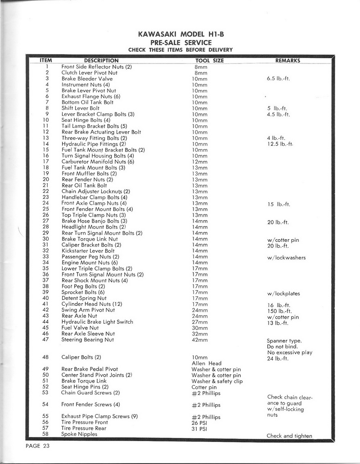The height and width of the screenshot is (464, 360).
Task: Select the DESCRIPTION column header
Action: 101,61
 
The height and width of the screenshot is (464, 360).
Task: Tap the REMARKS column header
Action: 288,61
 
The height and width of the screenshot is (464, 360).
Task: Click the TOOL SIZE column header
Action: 209,61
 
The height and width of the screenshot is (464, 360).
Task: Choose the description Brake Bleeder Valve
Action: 87,79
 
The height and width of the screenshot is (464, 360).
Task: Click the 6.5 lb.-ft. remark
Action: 279,79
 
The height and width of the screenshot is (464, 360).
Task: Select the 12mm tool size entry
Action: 199,161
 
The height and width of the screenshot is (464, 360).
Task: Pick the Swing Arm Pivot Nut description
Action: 88,310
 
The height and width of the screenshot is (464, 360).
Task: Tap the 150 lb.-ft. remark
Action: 279,311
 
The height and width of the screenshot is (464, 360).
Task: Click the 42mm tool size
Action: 199,339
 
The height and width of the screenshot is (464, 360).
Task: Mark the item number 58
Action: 45,434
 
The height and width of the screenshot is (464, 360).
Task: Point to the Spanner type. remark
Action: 284,341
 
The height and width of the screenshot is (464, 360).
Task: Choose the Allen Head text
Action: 207,363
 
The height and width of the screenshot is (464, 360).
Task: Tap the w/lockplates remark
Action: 283,294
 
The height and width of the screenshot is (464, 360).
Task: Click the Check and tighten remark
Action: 289,436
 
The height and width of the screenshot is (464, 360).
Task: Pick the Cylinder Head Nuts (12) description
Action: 92,304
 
